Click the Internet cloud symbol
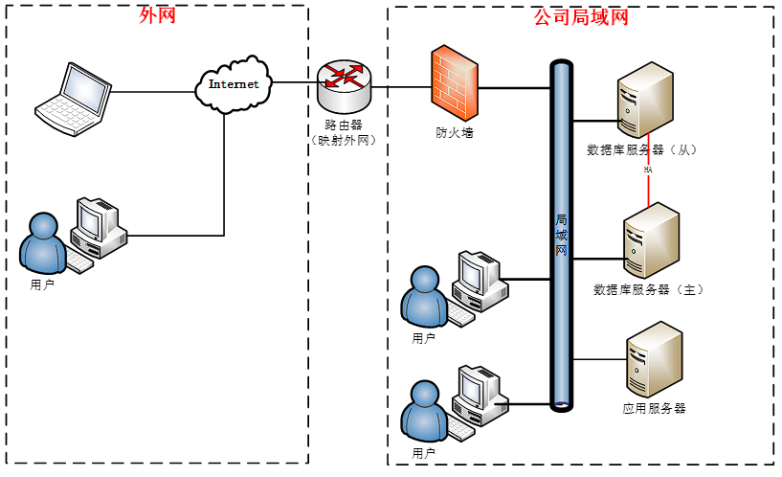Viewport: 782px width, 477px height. pyautogui.click(x=233, y=84)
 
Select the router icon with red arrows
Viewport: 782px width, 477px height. pyautogui.click(x=344, y=86)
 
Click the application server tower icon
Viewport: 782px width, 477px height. pyautogui.click(x=655, y=360)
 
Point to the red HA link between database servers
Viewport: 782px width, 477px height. pyautogui.click(x=649, y=182)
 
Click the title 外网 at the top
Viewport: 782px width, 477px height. pyautogui.click(x=158, y=15)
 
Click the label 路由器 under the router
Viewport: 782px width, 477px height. pyautogui.click(x=344, y=125)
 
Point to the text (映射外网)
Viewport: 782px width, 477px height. pyautogui.click(x=344, y=140)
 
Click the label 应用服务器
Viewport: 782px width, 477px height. pyautogui.click(x=654, y=408)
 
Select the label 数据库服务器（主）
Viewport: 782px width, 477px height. pyautogui.click(x=648, y=288)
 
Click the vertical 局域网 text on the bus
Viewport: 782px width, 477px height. pyautogui.click(x=562, y=235)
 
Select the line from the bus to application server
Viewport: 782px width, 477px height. pyautogui.click(x=598, y=359)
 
